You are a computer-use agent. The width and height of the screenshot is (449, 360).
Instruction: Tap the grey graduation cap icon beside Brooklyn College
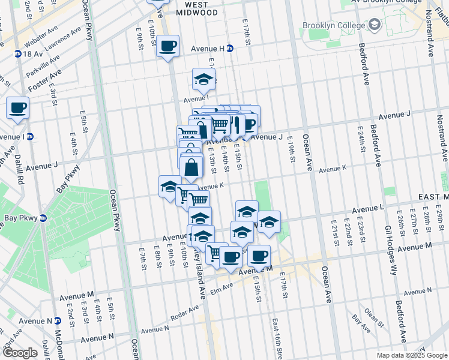375,25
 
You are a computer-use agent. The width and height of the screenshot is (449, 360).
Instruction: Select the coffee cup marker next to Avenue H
168,46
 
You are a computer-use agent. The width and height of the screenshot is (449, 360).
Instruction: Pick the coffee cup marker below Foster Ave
17,109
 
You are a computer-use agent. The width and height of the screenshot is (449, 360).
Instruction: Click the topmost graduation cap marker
203,79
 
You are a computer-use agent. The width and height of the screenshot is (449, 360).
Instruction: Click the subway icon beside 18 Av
18,54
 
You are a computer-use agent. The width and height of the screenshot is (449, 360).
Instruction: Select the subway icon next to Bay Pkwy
43,217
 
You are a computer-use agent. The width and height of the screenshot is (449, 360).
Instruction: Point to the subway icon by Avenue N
57,321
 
